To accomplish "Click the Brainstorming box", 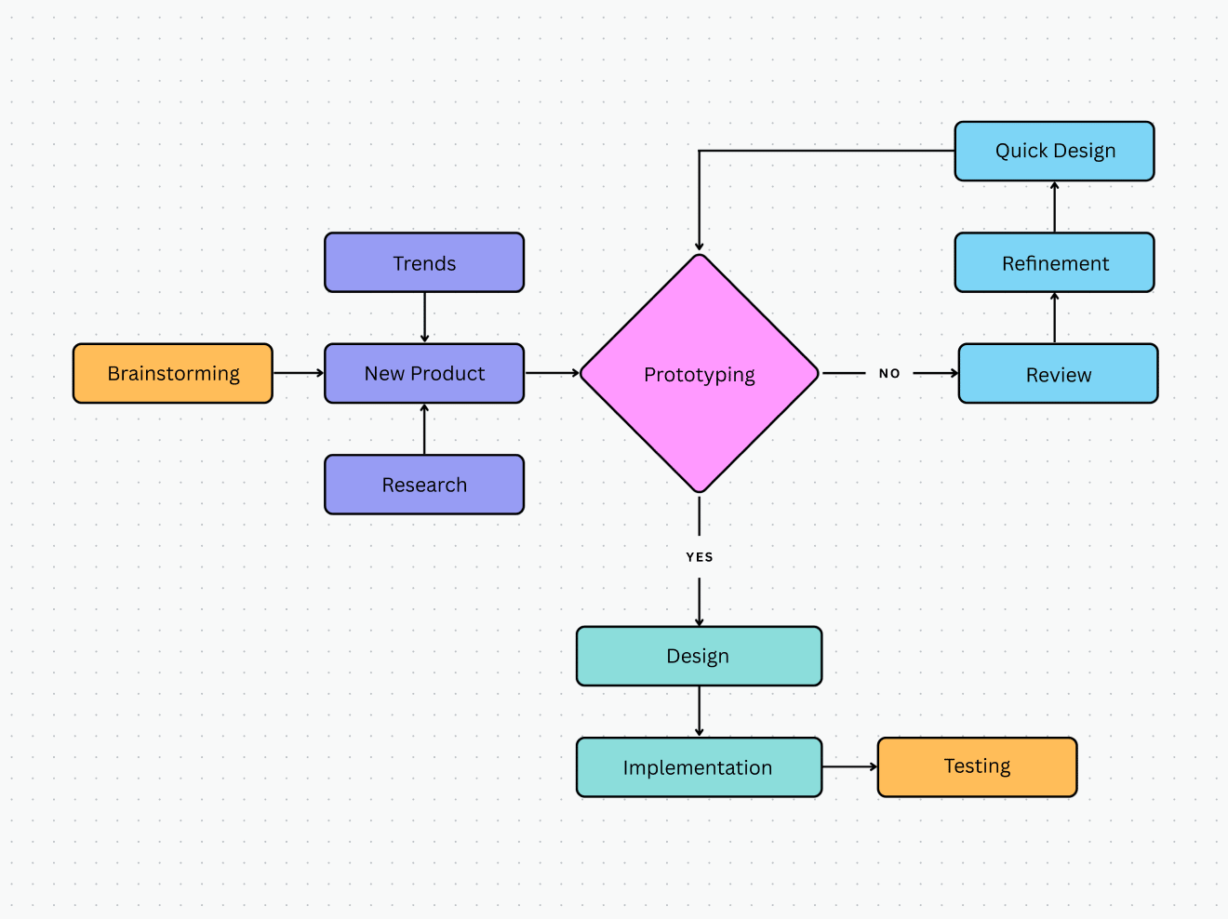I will point(173,373).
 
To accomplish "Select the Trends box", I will point(424,262).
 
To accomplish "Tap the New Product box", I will point(424,373).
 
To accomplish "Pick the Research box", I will point(424,485).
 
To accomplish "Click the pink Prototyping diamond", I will point(699,374).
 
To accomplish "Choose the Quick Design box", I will point(1054,151).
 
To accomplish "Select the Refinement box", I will point(1054,262).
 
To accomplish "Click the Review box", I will point(1058,374).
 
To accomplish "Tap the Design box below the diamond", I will point(699,656).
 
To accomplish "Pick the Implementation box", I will point(699,767).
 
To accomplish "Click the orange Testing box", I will point(977,766).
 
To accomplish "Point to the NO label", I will point(889,373).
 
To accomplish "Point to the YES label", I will point(700,557).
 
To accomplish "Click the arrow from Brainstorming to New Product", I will point(299,373).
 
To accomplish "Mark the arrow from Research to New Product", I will point(424,429).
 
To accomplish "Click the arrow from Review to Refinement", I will point(1054,318).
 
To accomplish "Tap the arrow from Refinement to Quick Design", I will point(1054,206).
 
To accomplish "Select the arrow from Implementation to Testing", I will point(849,767).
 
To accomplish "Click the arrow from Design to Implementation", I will point(700,712).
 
